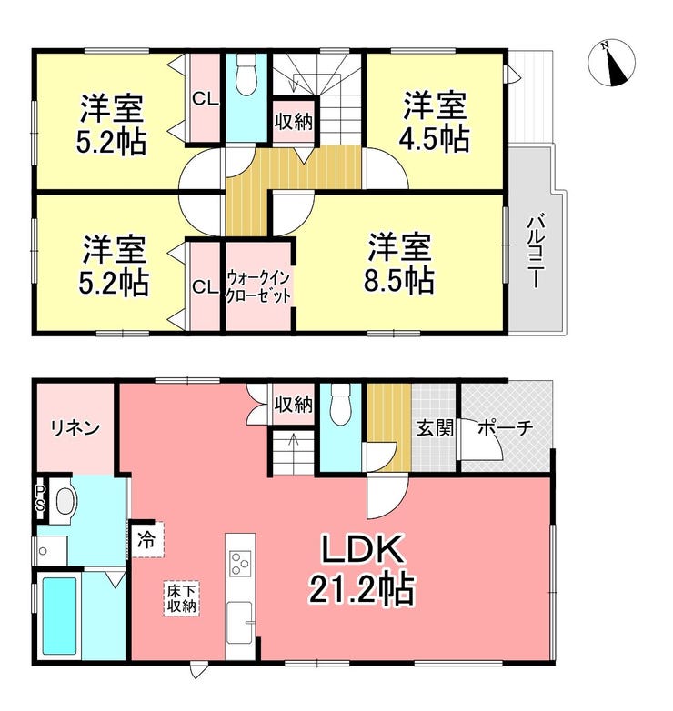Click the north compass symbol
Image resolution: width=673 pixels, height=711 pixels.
pyautogui.click(x=611, y=62)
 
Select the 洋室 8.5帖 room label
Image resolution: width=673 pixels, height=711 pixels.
pyautogui.click(x=399, y=263)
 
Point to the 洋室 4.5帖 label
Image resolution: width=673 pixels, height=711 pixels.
pyautogui.click(x=435, y=122)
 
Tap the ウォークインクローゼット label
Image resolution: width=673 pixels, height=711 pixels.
pyautogui.click(x=258, y=286)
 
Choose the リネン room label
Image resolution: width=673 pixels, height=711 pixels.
pyautogui.click(x=75, y=427)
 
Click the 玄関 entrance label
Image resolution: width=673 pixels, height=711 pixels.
pyautogui.click(x=435, y=427)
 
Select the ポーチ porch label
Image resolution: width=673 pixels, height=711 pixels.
pyautogui.click(x=506, y=427)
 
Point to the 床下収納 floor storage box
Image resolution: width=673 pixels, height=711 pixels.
pyautogui.click(x=181, y=598)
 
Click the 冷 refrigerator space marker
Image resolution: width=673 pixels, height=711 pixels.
pyautogui.click(x=146, y=540)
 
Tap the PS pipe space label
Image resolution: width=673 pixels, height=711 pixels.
pyautogui.click(x=41, y=498)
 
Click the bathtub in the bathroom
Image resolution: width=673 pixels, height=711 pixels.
pyautogui.click(x=59, y=616)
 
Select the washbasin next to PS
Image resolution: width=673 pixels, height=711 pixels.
pyautogui.click(x=65, y=501)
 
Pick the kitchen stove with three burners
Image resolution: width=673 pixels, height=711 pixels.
pyautogui.click(x=240, y=563)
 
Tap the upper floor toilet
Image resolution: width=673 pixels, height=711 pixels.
pyautogui.click(x=246, y=74)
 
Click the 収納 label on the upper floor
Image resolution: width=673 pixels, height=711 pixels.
pyautogui.click(x=294, y=121)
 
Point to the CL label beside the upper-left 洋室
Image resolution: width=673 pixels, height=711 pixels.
pyautogui.click(x=206, y=99)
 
